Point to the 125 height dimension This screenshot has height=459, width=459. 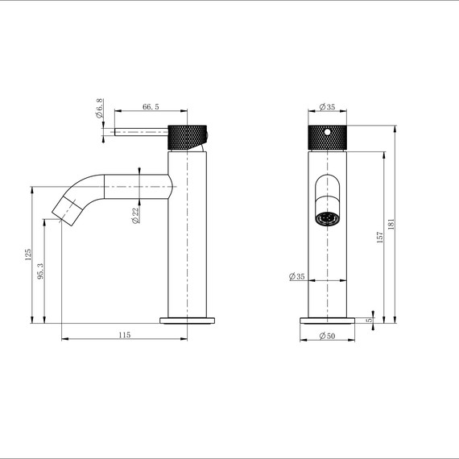click(x=28, y=255)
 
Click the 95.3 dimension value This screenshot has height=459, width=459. click(x=41, y=271)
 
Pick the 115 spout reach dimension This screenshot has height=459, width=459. click(x=124, y=334)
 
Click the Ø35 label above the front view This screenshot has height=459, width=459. click(x=327, y=107)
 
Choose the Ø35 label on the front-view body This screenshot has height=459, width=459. click(x=296, y=277)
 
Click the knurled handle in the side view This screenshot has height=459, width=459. click(x=189, y=137)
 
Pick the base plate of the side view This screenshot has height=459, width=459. click(x=189, y=319)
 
